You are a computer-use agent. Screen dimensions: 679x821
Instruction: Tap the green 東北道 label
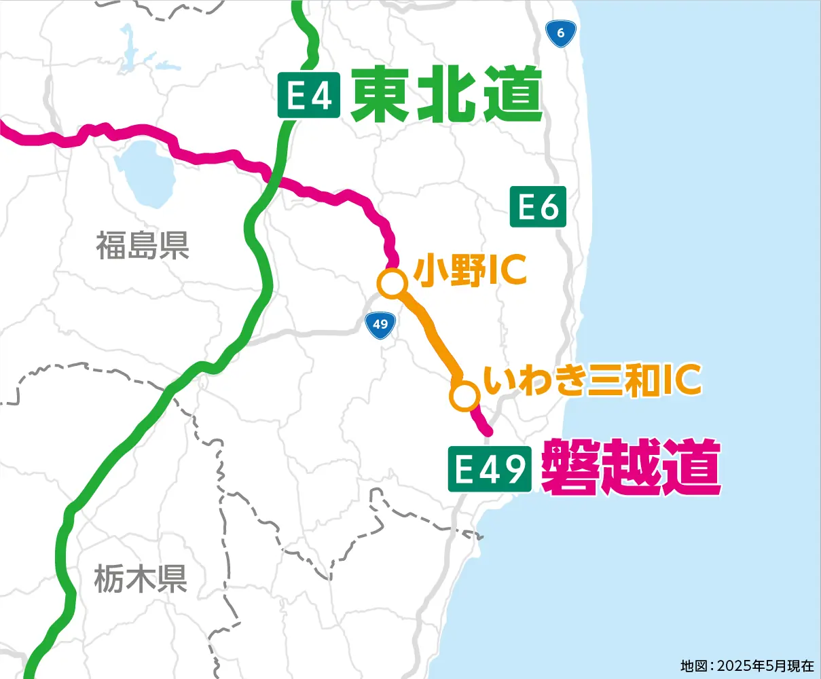tap(446, 96)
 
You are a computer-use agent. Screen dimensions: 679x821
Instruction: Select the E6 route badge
tap(538, 206)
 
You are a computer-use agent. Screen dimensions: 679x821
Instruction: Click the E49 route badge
tap(489, 469)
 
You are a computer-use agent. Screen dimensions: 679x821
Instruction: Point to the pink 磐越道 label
tap(630, 468)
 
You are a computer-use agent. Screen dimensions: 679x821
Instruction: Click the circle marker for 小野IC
tap(392, 283)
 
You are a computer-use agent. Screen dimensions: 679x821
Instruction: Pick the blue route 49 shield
tap(380, 325)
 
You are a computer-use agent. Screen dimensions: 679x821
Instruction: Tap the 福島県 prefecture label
tap(142, 245)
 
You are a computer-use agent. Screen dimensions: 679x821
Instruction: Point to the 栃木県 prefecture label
tap(141, 579)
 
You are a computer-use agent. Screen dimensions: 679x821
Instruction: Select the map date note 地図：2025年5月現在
tap(747, 665)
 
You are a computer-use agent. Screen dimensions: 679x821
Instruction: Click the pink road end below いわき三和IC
tap(486, 430)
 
